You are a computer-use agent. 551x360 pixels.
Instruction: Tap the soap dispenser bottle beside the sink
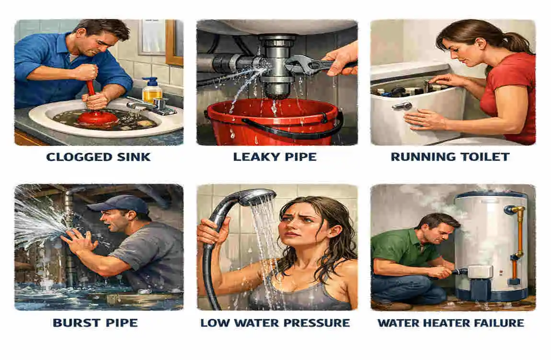[x=151, y=91]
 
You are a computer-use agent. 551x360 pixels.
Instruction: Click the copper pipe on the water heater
[x=519, y=230]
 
